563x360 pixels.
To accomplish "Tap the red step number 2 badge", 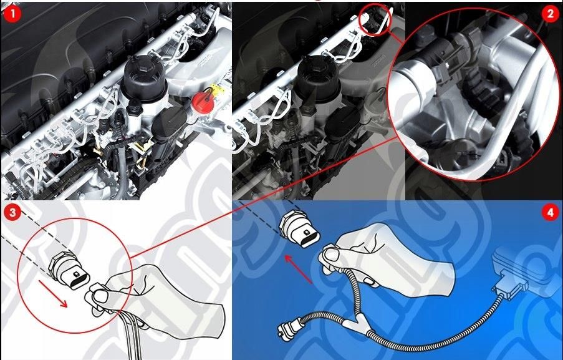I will coord(550,14).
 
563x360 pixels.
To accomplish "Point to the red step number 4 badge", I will coord(549,213).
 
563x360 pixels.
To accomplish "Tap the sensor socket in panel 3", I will coord(68,272).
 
